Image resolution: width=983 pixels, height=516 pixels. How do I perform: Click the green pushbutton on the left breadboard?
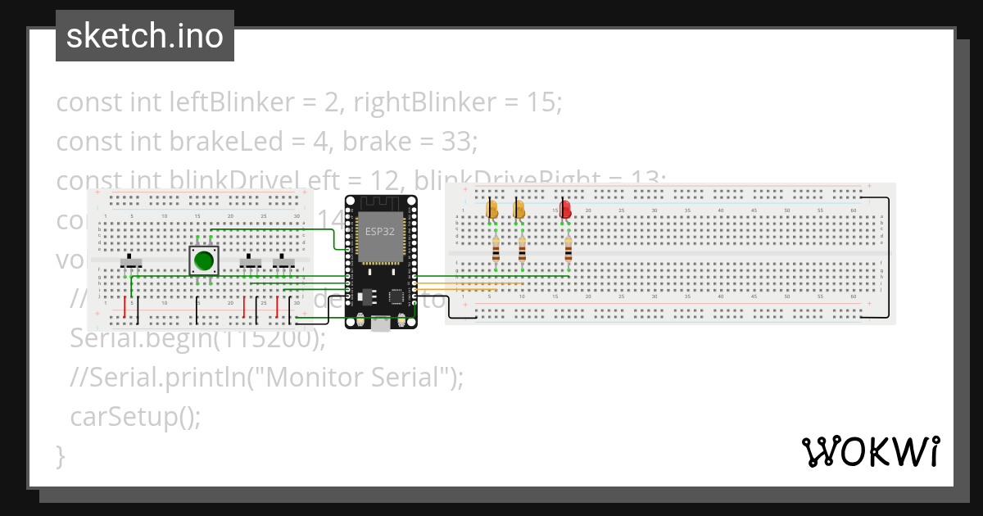[203, 261]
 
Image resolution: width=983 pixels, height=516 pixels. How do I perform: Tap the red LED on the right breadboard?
[565, 210]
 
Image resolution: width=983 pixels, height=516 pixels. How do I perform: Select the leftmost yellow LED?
[491, 210]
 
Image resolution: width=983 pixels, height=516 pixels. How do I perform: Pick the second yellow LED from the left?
[519, 210]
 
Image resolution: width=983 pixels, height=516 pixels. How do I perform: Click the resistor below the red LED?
[569, 249]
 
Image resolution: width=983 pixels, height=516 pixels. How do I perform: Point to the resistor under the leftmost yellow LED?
[496, 249]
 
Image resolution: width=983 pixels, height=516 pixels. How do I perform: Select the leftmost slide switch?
[131, 262]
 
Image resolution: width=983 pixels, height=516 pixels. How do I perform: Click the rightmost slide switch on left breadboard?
[283, 262]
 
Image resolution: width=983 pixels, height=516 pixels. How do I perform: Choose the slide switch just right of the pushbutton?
[250, 262]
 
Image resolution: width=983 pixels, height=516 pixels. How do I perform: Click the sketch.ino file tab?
[145, 36]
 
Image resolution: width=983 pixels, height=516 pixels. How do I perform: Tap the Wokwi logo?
[869, 452]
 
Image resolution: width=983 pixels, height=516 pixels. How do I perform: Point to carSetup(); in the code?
[135, 417]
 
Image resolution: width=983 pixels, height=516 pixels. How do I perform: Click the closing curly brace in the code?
[60, 455]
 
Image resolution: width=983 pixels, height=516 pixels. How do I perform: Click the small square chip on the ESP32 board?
[397, 296]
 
